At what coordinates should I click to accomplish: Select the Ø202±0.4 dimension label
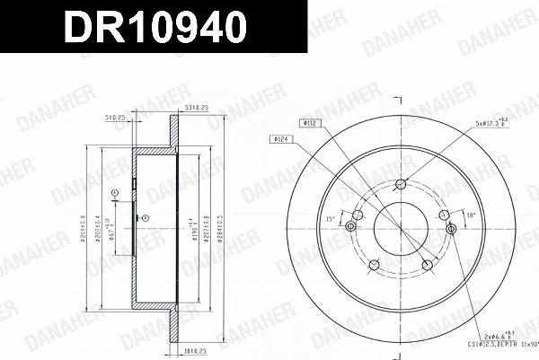98,235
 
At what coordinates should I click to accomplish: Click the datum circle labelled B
146,215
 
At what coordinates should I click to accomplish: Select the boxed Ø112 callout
308,122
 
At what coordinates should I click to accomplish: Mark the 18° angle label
471,215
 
